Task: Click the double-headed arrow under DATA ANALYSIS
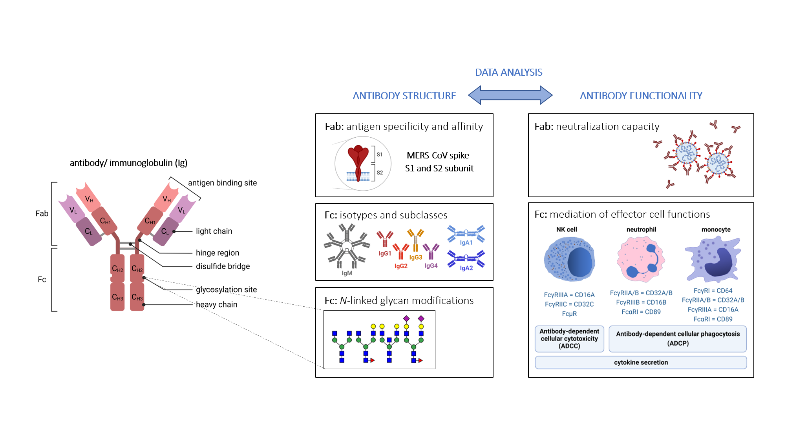(x=510, y=95)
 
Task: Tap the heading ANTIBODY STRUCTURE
(x=404, y=96)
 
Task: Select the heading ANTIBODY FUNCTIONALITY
(x=641, y=96)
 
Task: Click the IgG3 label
(x=415, y=257)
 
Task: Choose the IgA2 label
(x=466, y=268)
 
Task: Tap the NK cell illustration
(x=569, y=259)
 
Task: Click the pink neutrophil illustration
(x=641, y=259)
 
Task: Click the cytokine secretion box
(x=641, y=362)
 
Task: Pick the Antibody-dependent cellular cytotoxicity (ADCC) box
(x=569, y=338)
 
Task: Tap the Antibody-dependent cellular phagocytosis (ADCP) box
(x=678, y=338)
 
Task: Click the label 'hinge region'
(x=217, y=253)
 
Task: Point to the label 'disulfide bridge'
(x=223, y=266)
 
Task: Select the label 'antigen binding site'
(x=222, y=183)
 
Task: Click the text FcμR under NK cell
(x=569, y=314)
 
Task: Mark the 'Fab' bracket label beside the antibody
(x=42, y=213)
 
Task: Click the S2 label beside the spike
(x=380, y=173)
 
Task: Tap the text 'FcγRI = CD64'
(x=713, y=291)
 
